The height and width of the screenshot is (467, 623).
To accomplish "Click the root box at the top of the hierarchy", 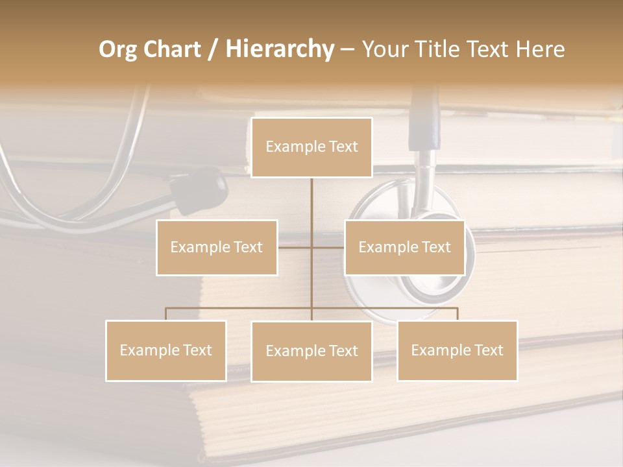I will [x=311, y=147].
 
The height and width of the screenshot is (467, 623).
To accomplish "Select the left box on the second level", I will [x=217, y=247].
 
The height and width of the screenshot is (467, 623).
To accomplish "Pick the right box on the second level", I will [x=404, y=247].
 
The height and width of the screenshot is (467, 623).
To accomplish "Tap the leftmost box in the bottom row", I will [x=166, y=350].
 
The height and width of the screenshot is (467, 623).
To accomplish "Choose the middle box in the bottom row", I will [x=311, y=352].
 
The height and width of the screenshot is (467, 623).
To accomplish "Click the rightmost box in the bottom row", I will [x=457, y=350].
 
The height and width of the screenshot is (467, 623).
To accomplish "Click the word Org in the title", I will [x=117, y=49].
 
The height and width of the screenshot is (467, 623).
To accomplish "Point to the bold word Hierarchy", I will [x=279, y=49].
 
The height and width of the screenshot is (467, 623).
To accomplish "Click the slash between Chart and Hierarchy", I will [x=213, y=49].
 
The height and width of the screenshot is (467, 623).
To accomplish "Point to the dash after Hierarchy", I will [x=347, y=49].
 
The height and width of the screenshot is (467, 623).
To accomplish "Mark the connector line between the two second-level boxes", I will [x=311, y=247].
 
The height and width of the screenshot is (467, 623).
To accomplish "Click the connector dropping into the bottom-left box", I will [x=166, y=313].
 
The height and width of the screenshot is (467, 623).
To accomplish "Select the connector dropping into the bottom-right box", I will [x=458, y=313].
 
